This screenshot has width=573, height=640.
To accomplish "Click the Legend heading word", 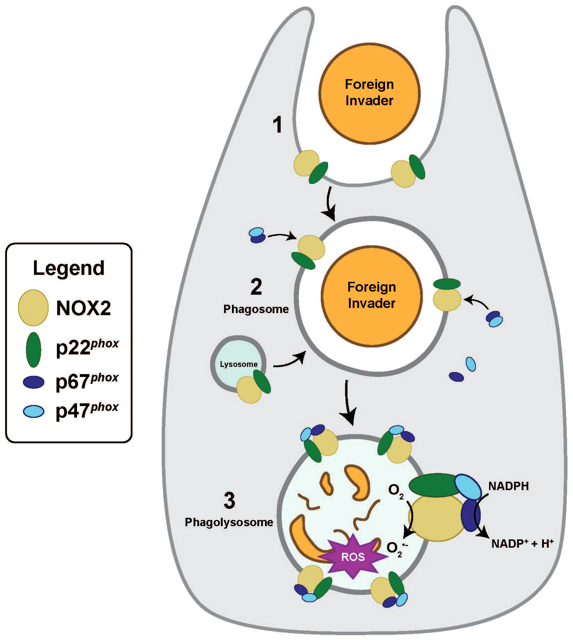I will point(69,268).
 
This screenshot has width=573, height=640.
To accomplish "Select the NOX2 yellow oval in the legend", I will point(33,308).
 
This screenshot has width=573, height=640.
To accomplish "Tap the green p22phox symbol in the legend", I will point(33,350).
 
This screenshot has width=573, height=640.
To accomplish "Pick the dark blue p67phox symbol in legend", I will point(33,382).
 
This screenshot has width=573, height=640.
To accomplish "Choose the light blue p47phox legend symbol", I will point(33,412).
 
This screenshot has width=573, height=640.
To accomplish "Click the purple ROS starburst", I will point(353,557).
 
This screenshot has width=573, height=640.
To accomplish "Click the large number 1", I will point(277,125).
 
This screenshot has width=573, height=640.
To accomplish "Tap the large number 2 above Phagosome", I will point(256,287).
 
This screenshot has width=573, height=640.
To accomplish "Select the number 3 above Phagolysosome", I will point(229,501).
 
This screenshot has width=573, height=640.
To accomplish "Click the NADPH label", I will point(508,486).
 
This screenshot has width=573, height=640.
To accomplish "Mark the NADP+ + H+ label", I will point(522,544).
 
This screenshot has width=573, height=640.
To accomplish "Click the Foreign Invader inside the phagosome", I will point(371,295).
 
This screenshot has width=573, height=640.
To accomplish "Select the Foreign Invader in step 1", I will point(369,93).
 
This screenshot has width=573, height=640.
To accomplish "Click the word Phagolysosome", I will point(229,522).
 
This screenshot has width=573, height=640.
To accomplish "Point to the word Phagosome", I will point(256,309).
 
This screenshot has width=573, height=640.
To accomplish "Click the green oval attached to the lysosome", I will point(262,381).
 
